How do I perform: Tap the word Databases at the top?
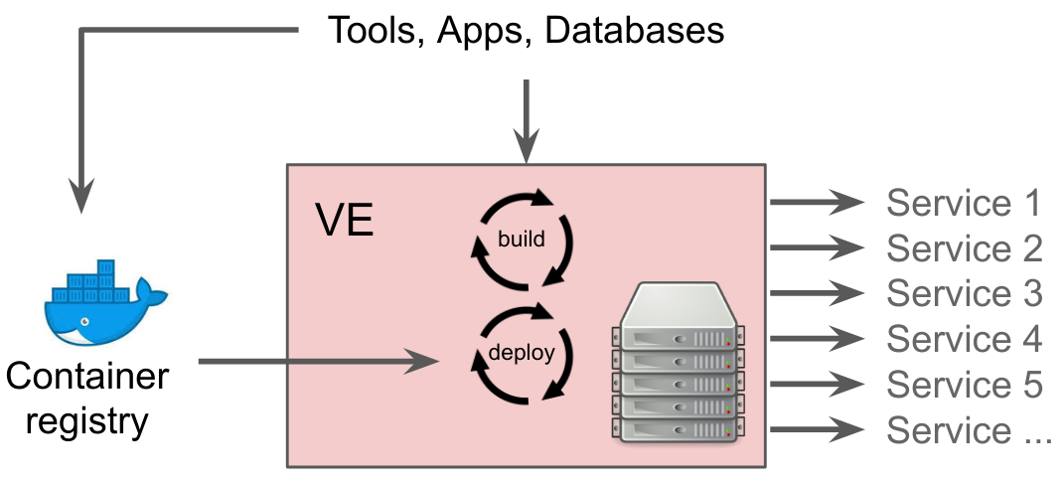635,31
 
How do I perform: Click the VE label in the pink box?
345,220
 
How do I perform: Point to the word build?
522,239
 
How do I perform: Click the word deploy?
522,354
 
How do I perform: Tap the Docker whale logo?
105,302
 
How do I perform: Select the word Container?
87,376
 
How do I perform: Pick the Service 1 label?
964,203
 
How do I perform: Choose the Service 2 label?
964,248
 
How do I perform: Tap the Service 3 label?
964,293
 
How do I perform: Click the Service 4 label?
964,339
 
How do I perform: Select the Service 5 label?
964,384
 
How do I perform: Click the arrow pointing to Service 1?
818,202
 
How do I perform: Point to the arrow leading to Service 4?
818,339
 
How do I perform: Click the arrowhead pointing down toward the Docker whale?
81,196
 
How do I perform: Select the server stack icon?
678,363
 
